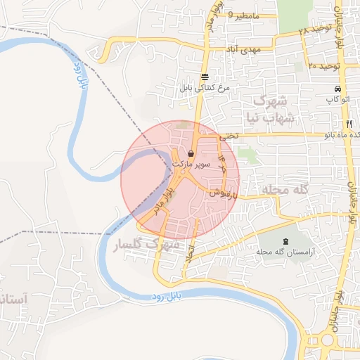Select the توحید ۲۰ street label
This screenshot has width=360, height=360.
pyautogui.click(x=324, y=65)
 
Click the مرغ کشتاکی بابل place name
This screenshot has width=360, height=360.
pyautogui.click(x=204, y=88)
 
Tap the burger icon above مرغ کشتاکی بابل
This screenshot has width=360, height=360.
pyautogui.click(x=204, y=77)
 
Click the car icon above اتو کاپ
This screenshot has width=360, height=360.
pyautogui.click(x=339, y=89)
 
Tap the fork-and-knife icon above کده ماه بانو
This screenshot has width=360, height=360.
pyautogui.click(x=339, y=123)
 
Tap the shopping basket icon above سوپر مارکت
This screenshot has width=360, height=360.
pyautogui.click(x=192, y=153)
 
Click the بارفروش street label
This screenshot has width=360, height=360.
pyautogui.click(x=219, y=192)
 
